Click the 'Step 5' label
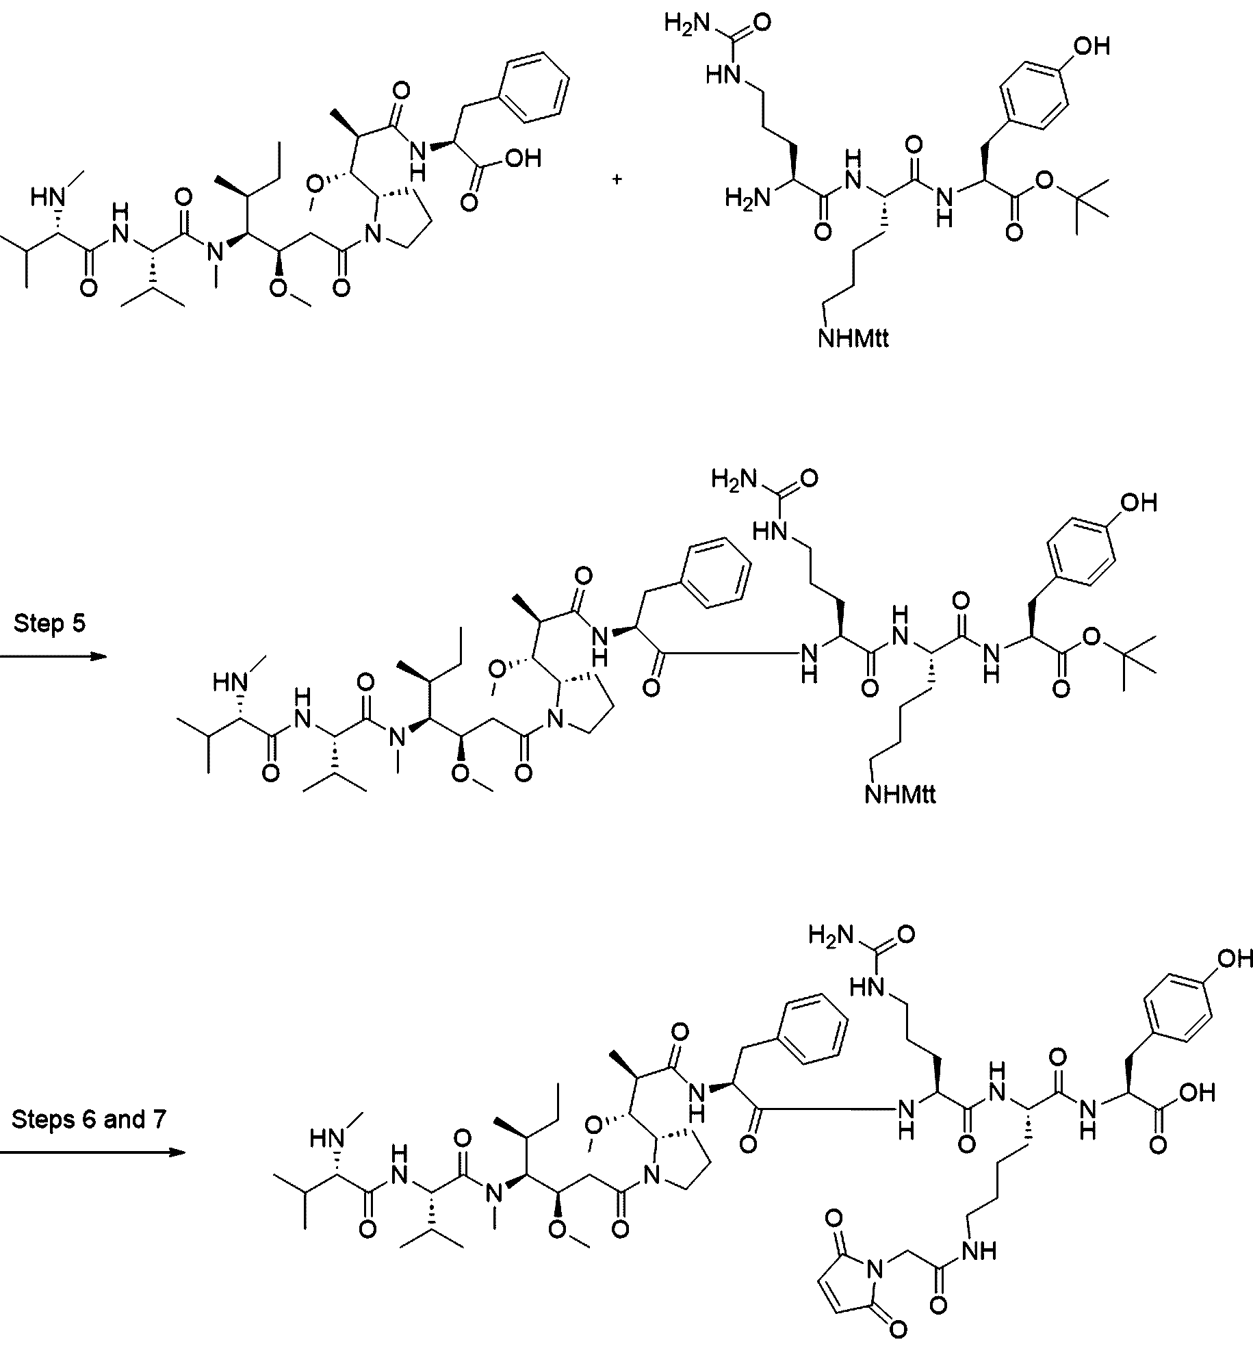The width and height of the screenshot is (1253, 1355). click(x=49, y=624)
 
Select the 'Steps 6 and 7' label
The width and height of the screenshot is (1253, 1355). click(x=89, y=1120)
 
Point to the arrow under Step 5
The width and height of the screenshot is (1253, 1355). click(x=54, y=657)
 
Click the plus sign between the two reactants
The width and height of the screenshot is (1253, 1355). click(x=617, y=179)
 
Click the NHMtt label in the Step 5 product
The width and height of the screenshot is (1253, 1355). click(x=900, y=794)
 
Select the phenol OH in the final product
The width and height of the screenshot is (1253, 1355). click(x=1233, y=959)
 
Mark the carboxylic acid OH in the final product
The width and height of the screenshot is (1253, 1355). click(x=1197, y=1093)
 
